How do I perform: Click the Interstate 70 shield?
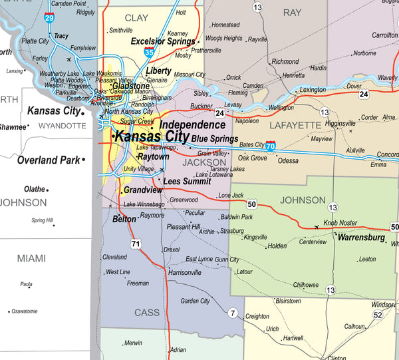point(271,145)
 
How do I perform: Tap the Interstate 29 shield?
point(49,17)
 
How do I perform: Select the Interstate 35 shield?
point(150,51)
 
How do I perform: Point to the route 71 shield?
point(136,244)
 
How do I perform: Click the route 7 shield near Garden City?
point(233,313)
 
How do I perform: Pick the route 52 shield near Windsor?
point(378,315)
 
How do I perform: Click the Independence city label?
point(192,125)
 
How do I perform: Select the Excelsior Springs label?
point(163,41)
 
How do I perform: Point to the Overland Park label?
point(47,160)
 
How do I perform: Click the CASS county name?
point(147,312)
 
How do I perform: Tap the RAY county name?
point(292,13)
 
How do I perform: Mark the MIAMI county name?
point(32,258)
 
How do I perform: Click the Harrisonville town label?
point(185,273)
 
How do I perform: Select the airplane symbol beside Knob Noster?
point(316,227)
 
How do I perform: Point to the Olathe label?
point(34,189)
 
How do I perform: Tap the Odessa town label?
point(288,160)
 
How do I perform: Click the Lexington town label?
point(313,89)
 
